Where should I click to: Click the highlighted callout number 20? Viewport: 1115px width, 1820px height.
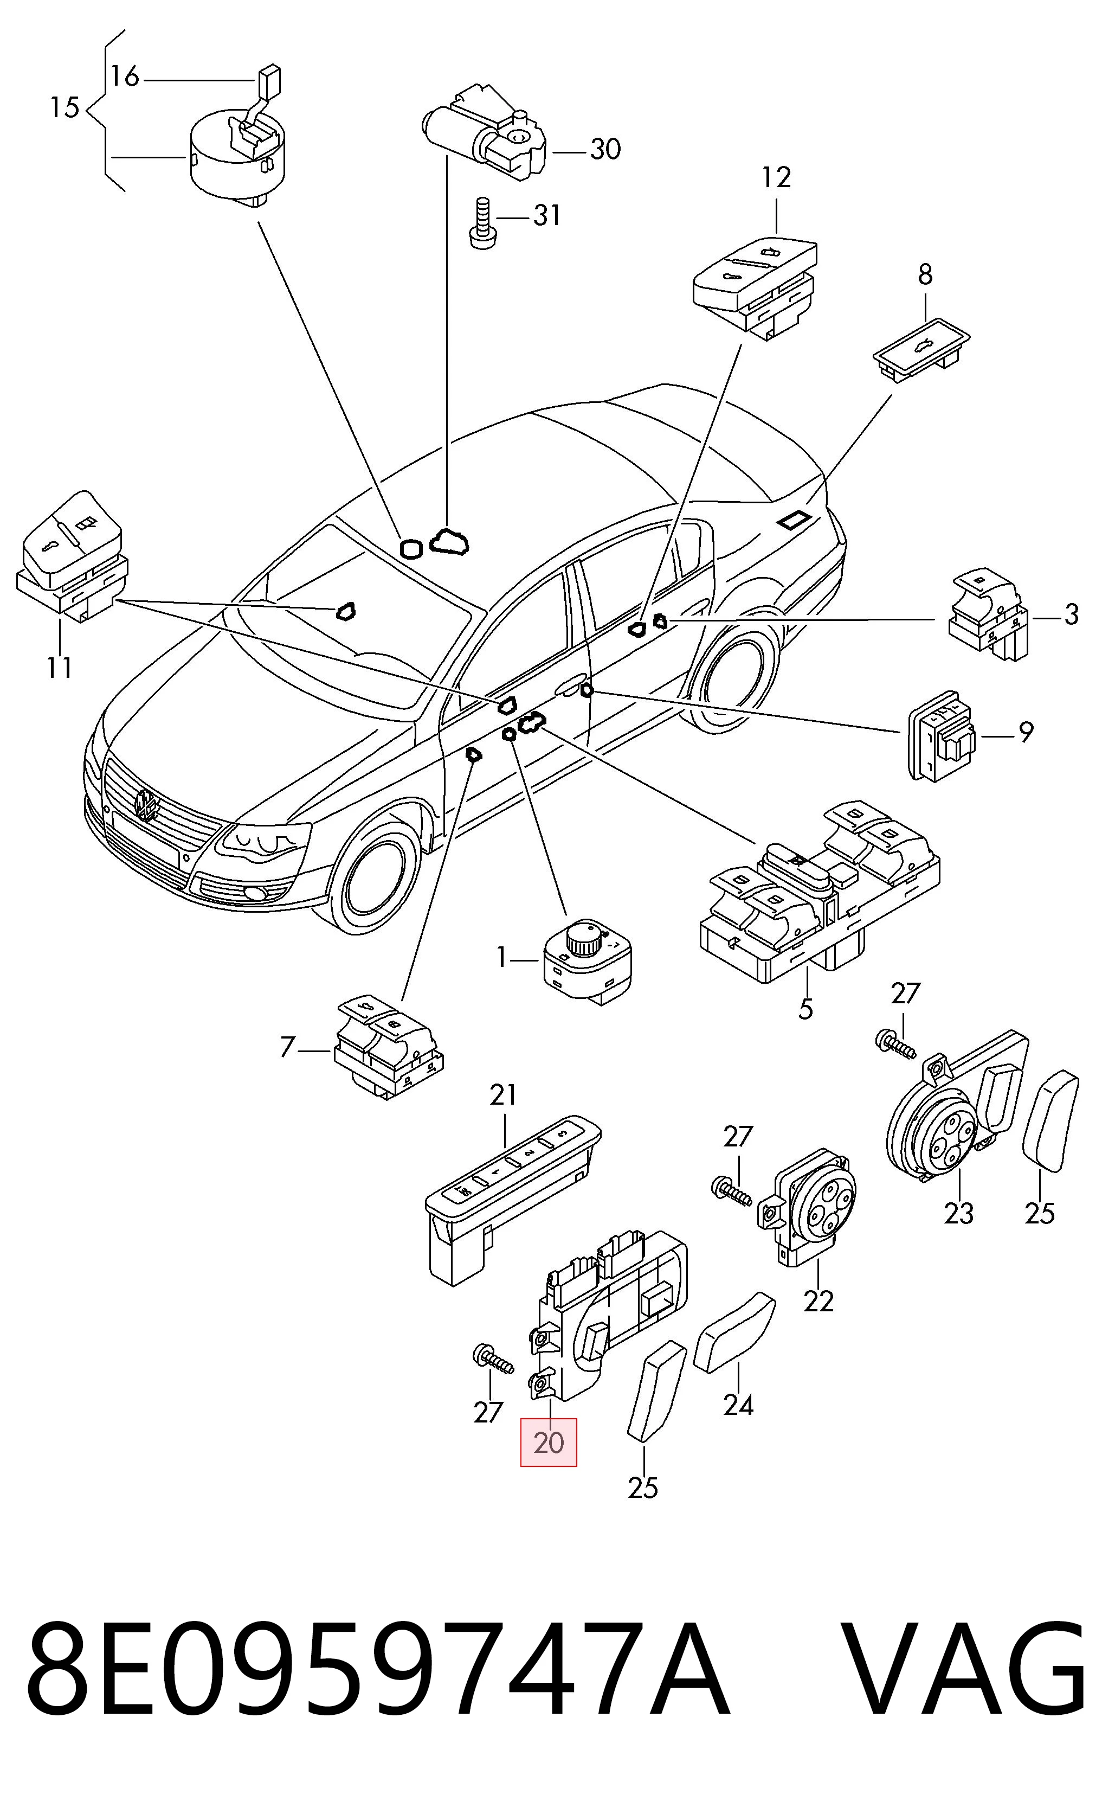[x=548, y=1442]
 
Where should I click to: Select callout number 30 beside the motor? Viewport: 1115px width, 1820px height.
[x=605, y=150]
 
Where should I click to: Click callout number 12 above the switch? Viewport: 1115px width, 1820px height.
[x=777, y=177]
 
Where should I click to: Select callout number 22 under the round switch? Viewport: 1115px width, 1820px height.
[x=818, y=1300]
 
